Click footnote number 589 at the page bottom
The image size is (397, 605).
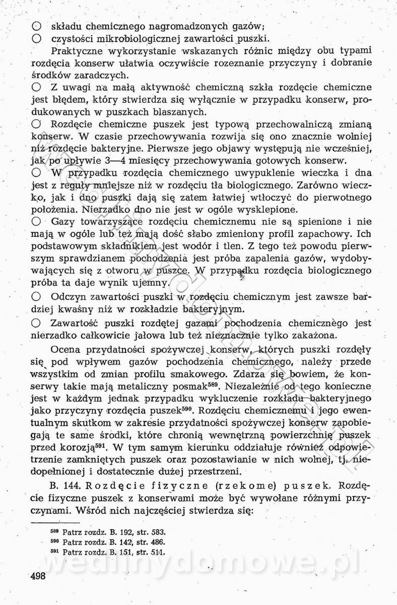tap(54, 532)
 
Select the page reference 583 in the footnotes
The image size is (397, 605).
tap(159, 532)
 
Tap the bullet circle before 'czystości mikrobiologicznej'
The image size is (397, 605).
tap(36, 38)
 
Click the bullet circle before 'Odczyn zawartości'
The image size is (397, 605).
tap(36, 296)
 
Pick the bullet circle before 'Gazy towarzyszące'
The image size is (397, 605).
tap(36, 221)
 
